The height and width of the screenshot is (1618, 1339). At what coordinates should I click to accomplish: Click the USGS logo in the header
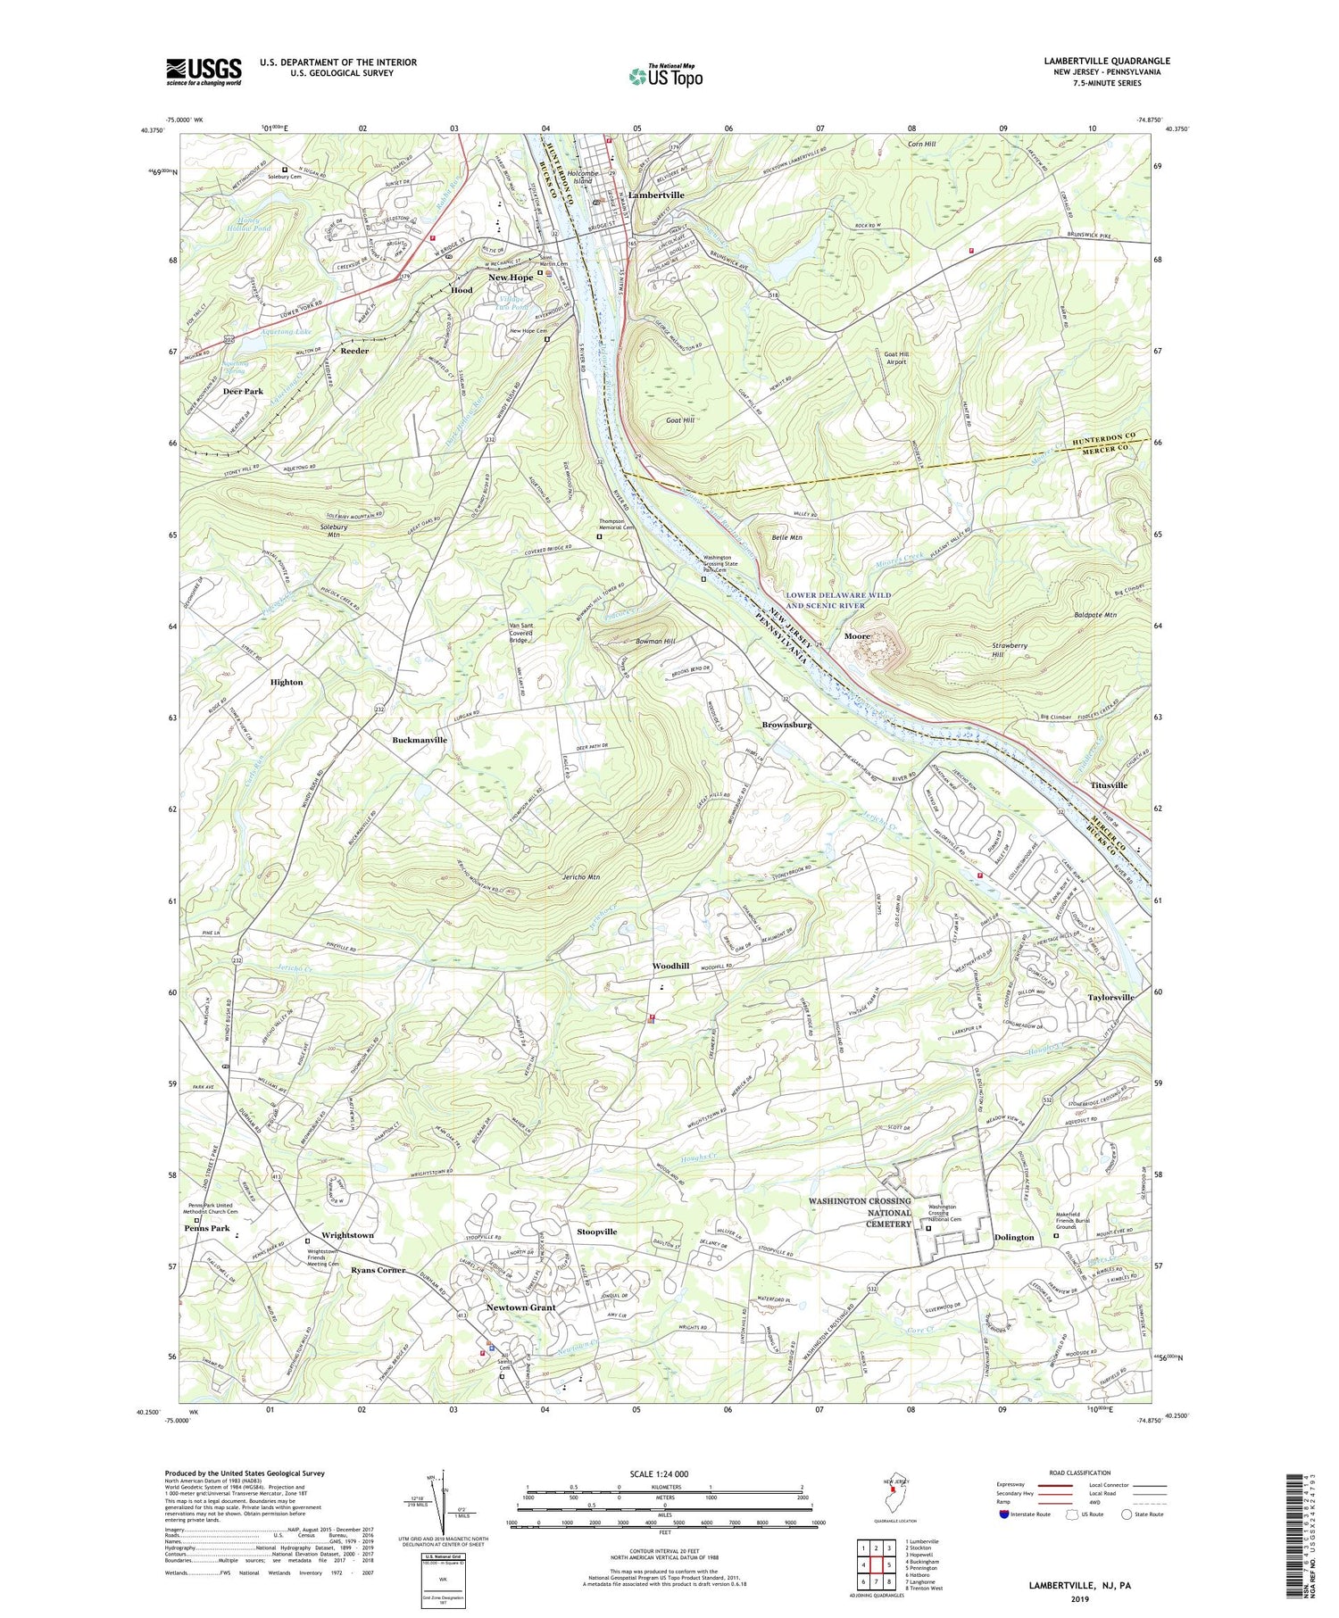(204, 71)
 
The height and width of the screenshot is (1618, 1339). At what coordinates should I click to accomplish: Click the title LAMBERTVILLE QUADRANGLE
(1106, 61)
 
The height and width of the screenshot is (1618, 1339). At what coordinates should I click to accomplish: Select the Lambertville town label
(656, 195)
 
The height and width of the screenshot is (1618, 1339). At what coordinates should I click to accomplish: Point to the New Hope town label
(511, 278)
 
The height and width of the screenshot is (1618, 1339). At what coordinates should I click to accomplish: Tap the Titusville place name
(1109, 785)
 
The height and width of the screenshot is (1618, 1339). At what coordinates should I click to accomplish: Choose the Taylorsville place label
(1110, 997)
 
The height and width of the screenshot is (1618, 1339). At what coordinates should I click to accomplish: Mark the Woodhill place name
(670, 966)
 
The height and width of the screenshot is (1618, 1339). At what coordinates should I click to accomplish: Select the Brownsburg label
(786, 725)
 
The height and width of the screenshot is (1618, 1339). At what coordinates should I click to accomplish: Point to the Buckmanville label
(420, 740)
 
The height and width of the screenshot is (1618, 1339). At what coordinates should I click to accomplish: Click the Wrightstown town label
(347, 1235)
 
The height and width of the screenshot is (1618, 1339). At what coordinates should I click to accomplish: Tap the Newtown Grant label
(520, 1307)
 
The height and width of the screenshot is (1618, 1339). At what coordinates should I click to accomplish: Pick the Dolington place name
(1014, 1237)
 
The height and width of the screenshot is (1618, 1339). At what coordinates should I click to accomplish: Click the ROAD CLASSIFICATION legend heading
(1080, 1473)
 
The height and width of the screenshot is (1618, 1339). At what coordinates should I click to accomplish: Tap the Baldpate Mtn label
(1098, 615)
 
